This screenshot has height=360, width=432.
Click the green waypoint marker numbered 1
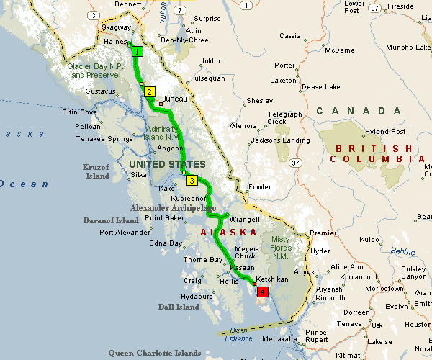pos(137,51)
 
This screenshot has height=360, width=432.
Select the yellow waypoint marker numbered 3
pos(192,181)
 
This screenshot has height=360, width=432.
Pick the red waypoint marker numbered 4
pos(263,292)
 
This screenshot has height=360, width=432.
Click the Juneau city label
pos(176,99)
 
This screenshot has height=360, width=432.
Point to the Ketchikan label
pos(272,279)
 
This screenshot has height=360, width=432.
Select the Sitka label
pos(138,174)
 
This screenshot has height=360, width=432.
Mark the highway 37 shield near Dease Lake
pos(295,163)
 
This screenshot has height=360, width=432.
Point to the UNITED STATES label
pos(167,165)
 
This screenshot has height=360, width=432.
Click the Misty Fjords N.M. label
pos(282,248)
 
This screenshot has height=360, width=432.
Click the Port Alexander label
pos(126,232)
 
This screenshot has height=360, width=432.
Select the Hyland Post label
pos(385,132)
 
